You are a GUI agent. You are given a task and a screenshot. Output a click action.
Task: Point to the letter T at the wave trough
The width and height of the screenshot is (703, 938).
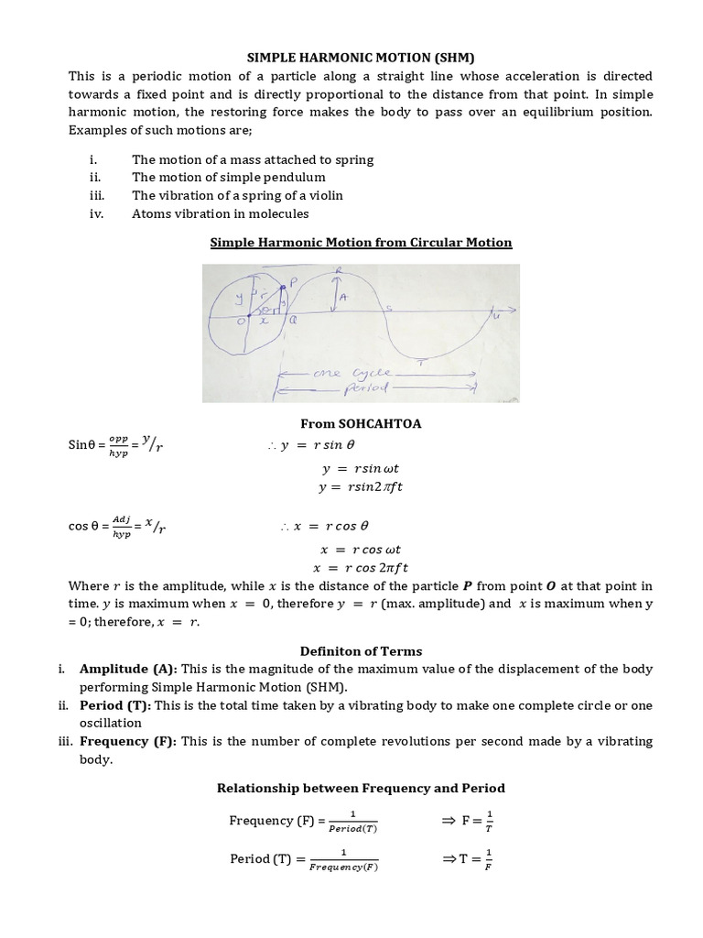click(419, 364)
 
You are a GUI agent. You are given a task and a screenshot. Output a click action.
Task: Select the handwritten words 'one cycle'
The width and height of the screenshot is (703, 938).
click(365, 374)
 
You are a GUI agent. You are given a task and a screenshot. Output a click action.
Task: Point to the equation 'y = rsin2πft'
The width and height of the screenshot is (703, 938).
click(361, 486)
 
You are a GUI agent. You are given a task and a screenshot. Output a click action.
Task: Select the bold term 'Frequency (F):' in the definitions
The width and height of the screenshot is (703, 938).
click(127, 740)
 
